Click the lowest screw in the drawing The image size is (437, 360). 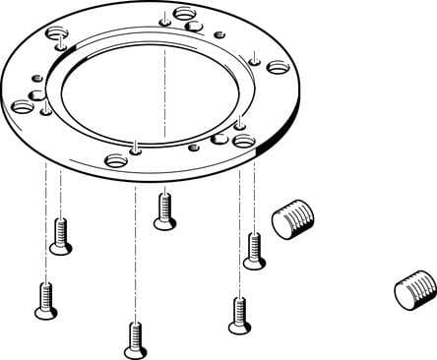pyautogui.click(x=135, y=339)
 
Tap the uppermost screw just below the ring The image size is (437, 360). pyautogui.click(x=164, y=210)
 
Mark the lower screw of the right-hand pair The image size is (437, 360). pyautogui.click(x=236, y=314)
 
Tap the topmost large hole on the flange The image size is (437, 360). pyautogui.click(x=184, y=14)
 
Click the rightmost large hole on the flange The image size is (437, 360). pyautogui.click(x=278, y=68)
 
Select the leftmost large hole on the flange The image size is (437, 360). pyautogui.click(x=22, y=107)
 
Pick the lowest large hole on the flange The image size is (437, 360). pyautogui.click(x=116, y=159)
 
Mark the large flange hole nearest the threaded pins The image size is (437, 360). pyautogui.click(x=245, y=142)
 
